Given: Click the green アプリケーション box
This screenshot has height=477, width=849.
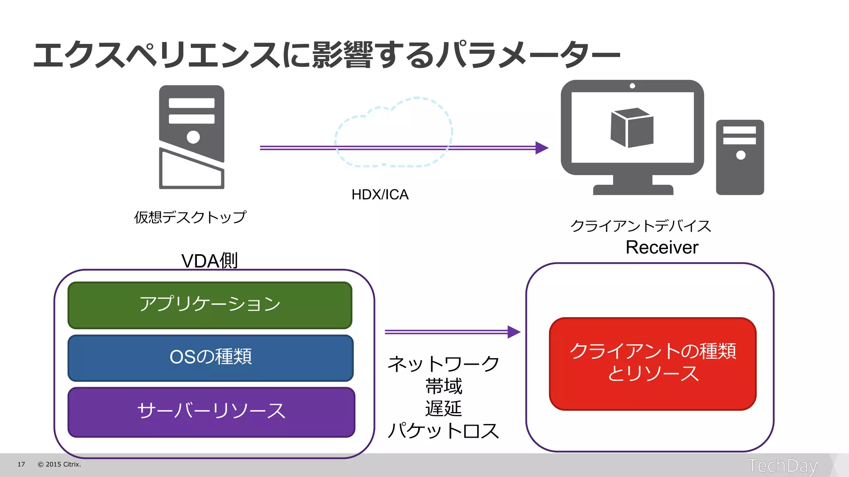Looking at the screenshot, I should [210, 305].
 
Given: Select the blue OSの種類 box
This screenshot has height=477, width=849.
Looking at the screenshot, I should [211, 358].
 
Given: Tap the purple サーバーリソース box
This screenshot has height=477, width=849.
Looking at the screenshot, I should [211, 412].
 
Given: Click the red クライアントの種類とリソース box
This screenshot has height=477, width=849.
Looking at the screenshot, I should [653, 364].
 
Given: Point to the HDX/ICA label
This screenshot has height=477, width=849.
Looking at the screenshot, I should [380, 195].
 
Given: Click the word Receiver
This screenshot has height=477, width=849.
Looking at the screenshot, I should [662, 248].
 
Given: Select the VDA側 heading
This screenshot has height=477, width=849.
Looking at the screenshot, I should [209, 261].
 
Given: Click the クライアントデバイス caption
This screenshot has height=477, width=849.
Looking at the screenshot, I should [640, 226].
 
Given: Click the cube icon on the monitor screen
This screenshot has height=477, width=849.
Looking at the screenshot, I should [632, 128].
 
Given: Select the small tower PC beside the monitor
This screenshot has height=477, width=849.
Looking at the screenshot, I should [740, 157].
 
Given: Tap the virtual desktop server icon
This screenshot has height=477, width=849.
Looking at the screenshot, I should [192, 137].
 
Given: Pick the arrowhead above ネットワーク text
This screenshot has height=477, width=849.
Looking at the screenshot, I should [514, 332].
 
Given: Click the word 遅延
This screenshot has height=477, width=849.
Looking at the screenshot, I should [443, 409].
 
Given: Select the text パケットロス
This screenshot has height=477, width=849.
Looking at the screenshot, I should [443, 431].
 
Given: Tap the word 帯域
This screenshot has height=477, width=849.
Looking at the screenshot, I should [443, 386].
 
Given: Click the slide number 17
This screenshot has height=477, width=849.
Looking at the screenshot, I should [21, 465].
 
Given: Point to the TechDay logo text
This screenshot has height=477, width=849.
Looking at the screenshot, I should [782, 466].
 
